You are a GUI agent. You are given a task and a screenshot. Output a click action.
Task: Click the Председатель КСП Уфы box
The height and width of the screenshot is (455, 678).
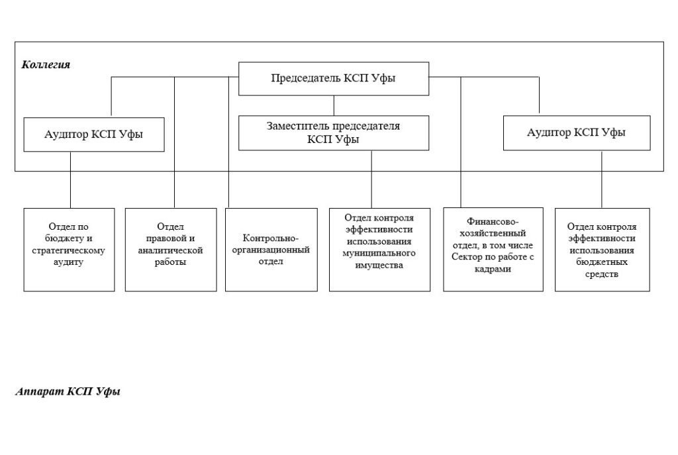(333, 78)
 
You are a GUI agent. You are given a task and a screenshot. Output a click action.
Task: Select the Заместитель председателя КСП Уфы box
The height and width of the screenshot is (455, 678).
(333, 132)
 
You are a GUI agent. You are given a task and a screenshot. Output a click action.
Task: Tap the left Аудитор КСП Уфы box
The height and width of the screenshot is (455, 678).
(93, 134)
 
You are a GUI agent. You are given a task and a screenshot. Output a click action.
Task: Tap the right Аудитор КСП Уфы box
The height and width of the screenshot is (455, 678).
(576, 132)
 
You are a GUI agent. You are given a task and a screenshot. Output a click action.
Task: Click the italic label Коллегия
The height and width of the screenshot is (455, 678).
(46, 65)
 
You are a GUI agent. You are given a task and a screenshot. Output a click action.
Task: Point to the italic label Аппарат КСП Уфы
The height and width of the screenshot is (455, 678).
(68, 391)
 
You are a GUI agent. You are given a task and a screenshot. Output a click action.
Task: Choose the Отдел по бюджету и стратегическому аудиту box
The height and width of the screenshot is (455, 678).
(69, 249)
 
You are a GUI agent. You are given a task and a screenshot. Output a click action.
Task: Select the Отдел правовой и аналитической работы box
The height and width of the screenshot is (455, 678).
(170, 249)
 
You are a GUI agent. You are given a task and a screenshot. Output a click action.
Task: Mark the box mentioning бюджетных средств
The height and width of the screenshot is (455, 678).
(602, 249)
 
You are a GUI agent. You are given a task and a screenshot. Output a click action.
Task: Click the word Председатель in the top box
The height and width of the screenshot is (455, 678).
(305, 78)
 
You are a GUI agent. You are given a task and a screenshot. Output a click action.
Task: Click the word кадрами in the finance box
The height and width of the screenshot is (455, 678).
(493, 270)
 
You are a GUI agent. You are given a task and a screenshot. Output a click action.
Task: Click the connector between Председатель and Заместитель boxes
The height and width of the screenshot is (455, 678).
(334, 105)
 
